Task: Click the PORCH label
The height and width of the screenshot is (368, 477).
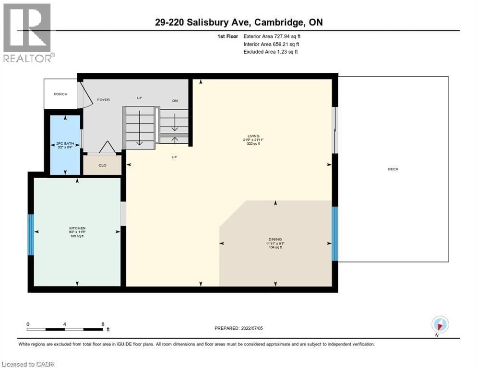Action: coord(60,94)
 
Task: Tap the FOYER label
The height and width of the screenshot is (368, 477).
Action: coord(103,100)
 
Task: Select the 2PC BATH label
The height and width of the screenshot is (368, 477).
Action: coord(65,143)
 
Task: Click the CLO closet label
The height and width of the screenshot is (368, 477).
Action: coord(102,165)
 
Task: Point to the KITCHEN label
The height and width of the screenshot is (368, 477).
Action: coord(77,228)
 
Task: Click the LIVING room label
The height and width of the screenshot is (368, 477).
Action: coord(253,136)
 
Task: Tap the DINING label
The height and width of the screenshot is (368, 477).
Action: coord(275,239)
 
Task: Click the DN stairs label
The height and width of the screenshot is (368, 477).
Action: coord(175,100)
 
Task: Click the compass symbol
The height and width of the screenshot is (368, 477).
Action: coord(440,324)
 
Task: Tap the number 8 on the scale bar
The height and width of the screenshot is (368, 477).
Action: coord(103,324)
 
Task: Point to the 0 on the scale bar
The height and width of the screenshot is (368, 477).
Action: coord(28,324)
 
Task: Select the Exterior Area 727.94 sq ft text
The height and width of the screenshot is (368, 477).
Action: coord(273,36)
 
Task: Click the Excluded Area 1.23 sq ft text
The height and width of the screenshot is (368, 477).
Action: coord(270,52)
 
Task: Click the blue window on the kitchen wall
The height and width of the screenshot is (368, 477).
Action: coord(31,234)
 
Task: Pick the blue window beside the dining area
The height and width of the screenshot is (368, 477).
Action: coord(335,233)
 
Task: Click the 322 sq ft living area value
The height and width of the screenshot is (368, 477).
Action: coord(253,143)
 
